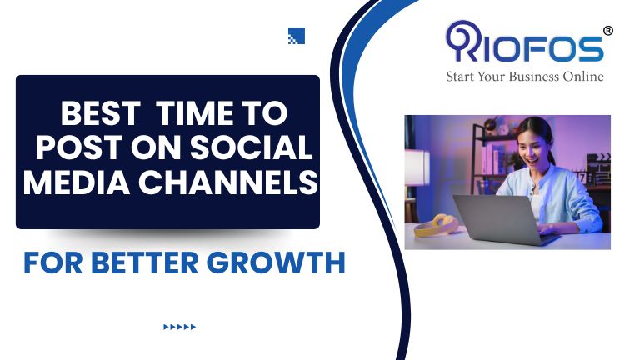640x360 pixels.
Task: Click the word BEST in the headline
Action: coord(100,113)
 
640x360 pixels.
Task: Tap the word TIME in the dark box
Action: coord(194,113)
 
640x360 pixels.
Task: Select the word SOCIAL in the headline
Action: coord(252,147)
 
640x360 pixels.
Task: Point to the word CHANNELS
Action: coord(228,182)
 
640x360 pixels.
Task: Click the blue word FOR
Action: coord(53,262)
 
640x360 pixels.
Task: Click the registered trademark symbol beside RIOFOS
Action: coord(607,31)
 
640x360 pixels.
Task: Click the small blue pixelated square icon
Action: coord(297,36)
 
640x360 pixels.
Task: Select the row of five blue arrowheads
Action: coord(180,327)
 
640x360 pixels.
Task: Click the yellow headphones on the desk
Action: coord(437,225)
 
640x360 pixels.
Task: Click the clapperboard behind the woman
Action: coord(598,169)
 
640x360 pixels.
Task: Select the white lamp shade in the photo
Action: coord(417,167)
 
